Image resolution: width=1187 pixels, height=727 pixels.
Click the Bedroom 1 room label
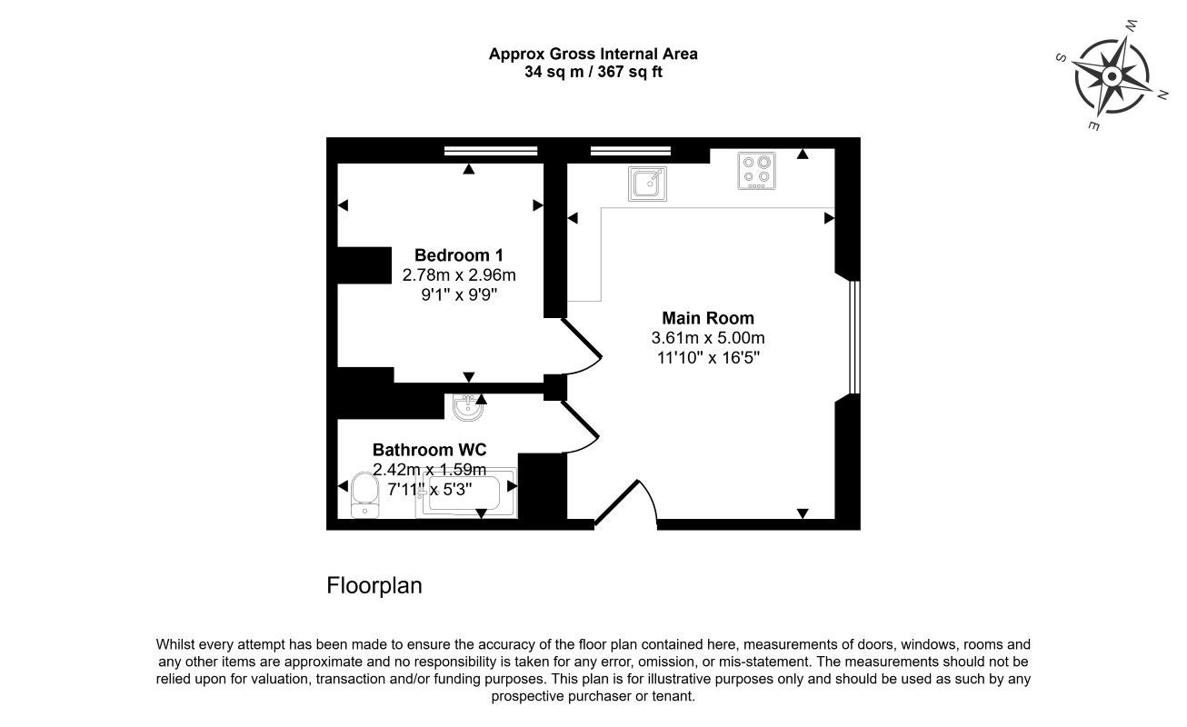click(x=458, y=255)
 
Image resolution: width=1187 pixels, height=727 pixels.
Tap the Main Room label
click(x=708, y=318)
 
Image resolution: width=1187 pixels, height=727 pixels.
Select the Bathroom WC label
click(x=429, y=450)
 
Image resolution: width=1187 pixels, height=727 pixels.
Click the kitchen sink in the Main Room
click(x=647, y=184)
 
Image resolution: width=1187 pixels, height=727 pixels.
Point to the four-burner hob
click(x=757, y=171)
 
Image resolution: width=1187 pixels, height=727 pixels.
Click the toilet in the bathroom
click(x=364, y=495)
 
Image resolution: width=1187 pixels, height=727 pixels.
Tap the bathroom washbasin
click(x=468, y=407)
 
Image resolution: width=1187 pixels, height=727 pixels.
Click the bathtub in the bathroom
click(x=465, y=493)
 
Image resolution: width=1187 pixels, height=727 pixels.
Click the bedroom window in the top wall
click(x=491, y=151)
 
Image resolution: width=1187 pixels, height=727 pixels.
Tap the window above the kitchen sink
click(x=631, y=151)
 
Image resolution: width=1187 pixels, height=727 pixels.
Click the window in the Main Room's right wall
click(x=854, y=337)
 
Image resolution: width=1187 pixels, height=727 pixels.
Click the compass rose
click(x=1112, y=77)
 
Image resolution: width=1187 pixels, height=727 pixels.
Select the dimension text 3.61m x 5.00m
click(x=708, y=337)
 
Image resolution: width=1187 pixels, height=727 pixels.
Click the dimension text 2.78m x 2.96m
click(x=459, y=275)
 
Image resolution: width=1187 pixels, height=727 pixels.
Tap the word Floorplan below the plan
click(x=374, y=585)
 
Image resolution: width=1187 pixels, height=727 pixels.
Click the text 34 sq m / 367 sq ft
click(x=593, y=72)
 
